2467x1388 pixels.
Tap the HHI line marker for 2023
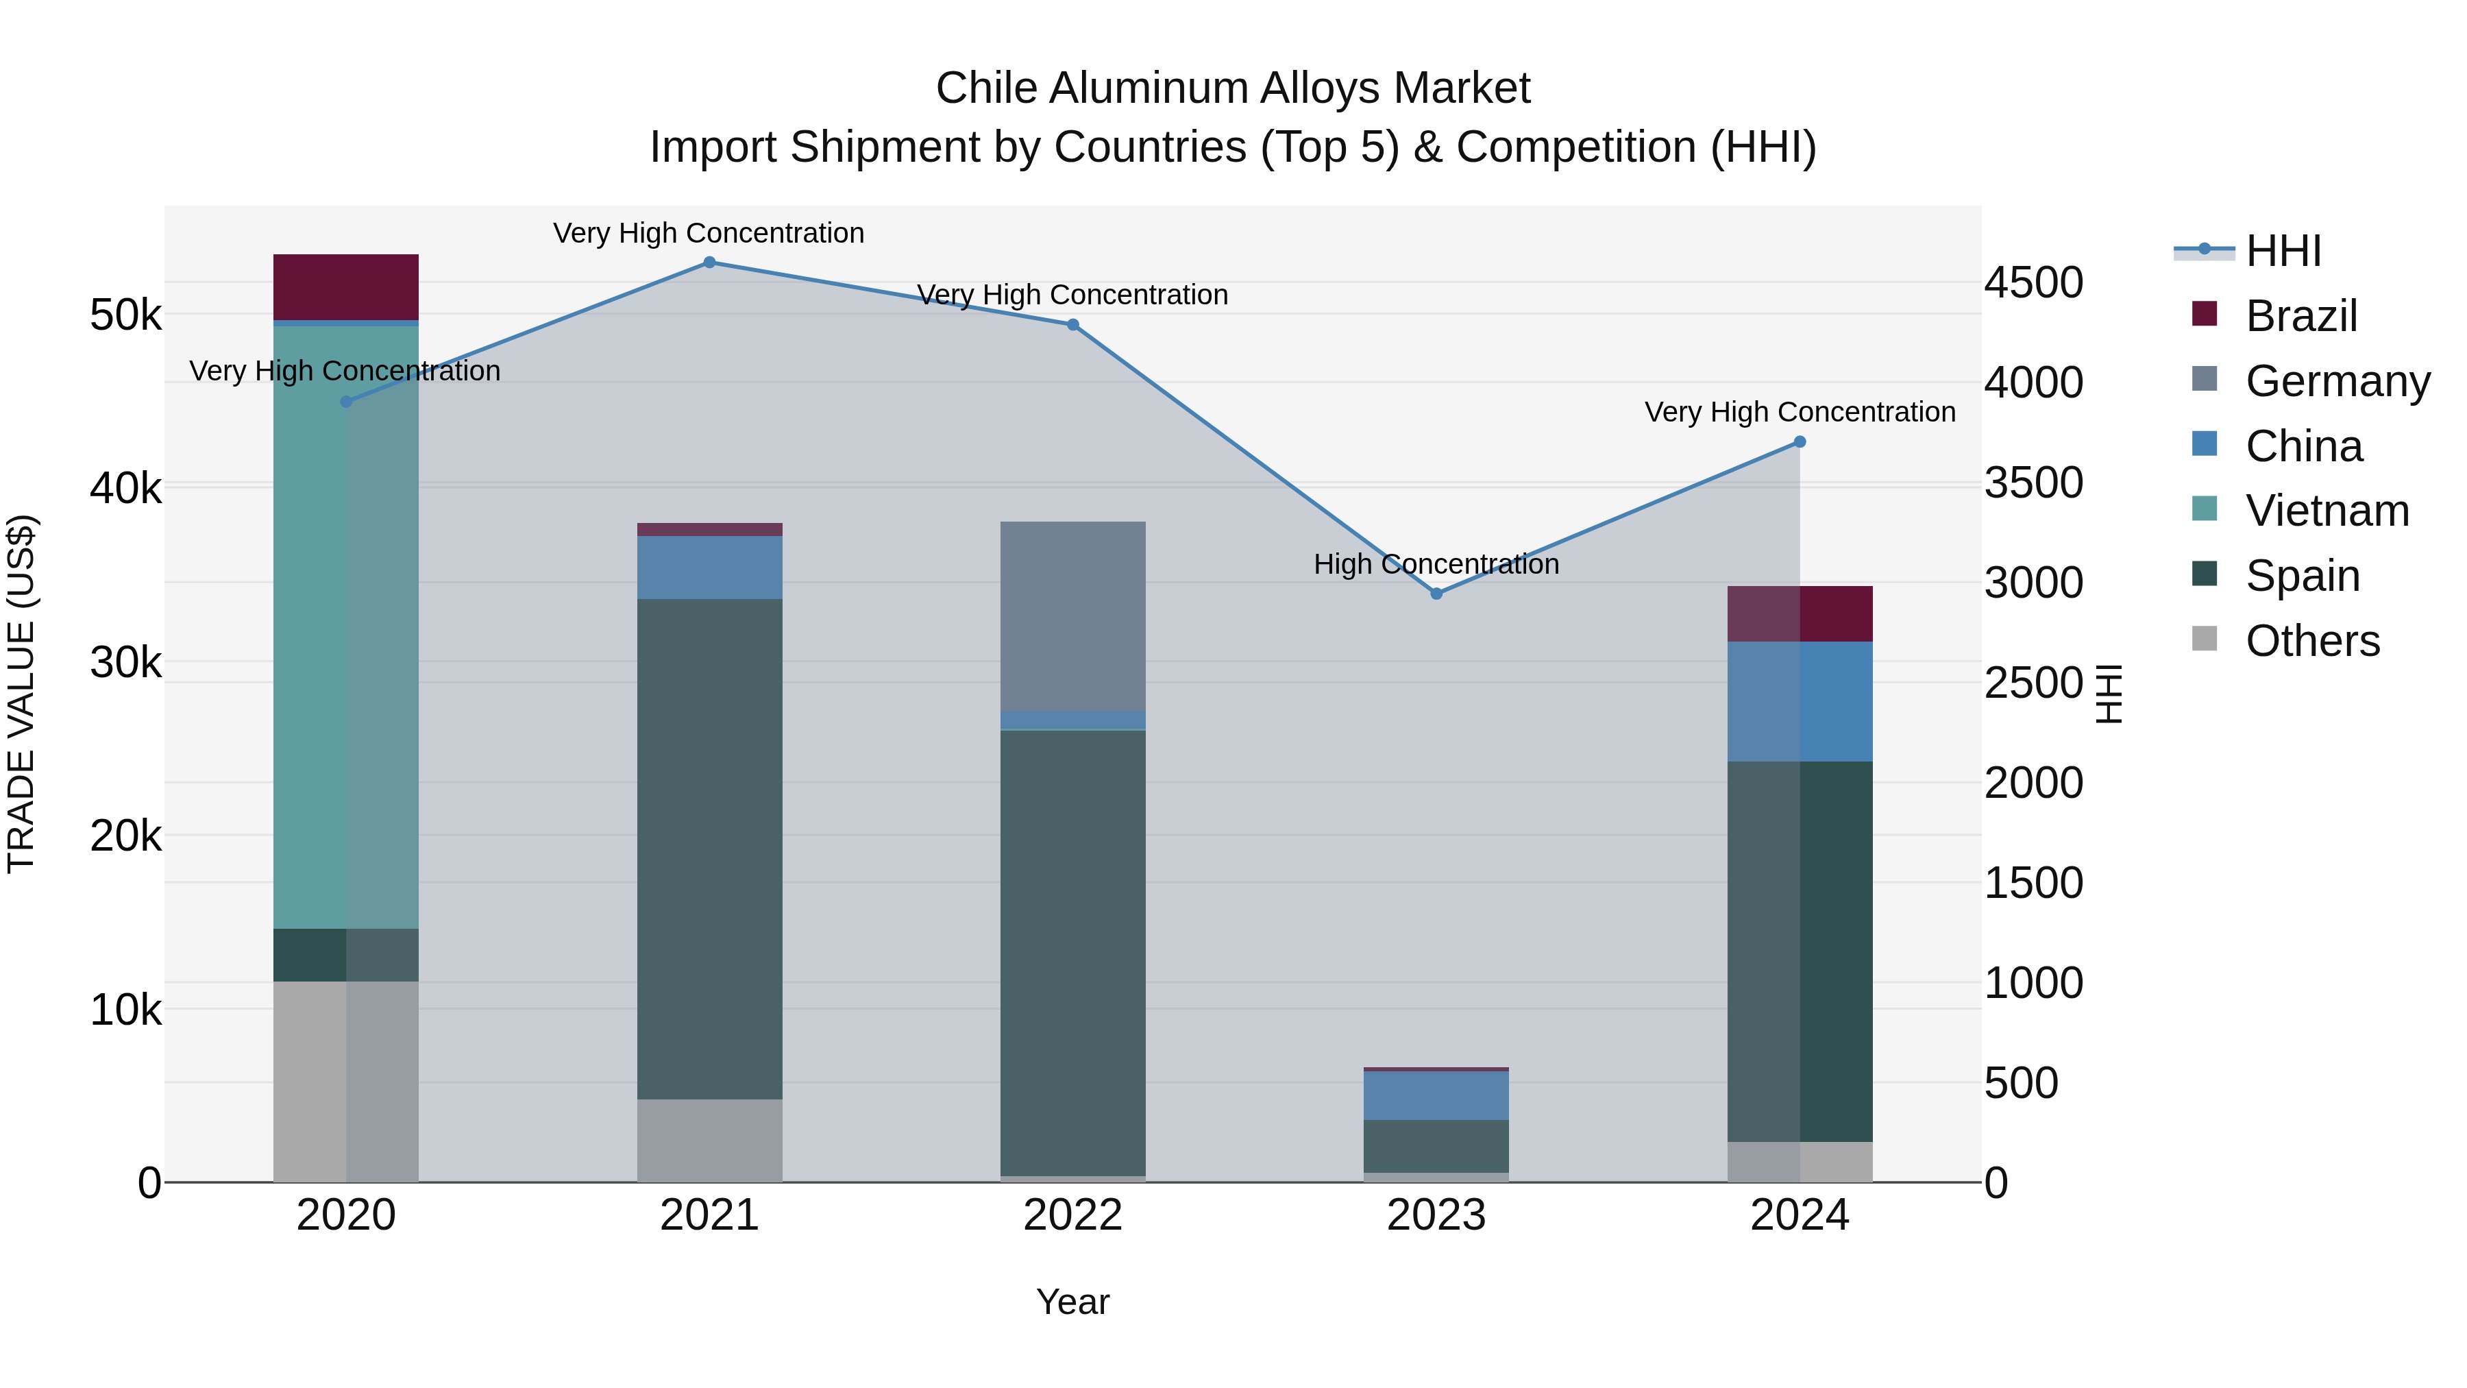pos(1436,594)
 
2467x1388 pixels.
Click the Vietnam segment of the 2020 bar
pos(346,627)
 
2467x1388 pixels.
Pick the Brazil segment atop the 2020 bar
pos(346,287)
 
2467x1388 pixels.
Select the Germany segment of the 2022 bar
pos(1072,617)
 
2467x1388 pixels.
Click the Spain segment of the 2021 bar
pos(710,849)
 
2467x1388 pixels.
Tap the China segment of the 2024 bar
pos(1800,701)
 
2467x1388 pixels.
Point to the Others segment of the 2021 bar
pos(710,1140)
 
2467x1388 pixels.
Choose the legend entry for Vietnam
pos(2327,511)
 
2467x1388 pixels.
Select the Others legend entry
pos(2312,641)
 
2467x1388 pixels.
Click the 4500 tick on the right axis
pos(2033,282)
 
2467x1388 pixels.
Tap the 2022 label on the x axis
pos(1072,1215)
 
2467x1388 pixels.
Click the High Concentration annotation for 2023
pos(1436,564)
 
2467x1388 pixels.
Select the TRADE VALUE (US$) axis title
pos(21,694)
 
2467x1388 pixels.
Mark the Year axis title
pos(1072,1302)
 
